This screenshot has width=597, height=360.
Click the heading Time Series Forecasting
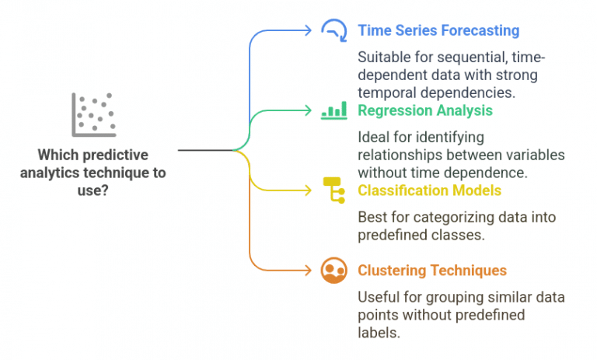[x=438, y=30]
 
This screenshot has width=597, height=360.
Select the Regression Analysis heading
[x=424, y=110]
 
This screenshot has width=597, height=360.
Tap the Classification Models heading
[x=429, y=190]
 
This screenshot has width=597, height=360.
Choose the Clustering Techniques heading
[x=431, y=271]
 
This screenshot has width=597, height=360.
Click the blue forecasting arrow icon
[x=333, y=30]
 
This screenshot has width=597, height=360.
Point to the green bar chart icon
[x=333, y=111]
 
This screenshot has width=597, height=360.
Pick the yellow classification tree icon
[x=333, y=190]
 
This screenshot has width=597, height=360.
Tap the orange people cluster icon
[x=333, y=271]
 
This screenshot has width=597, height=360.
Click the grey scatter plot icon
[x=93, y=114]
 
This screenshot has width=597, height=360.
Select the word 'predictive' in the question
[x=120, y=154]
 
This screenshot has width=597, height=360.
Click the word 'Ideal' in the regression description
[x=372, y=138]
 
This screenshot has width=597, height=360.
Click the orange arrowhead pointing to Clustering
[x=308, y=271]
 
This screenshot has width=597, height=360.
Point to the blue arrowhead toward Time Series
[x=308, y=30]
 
